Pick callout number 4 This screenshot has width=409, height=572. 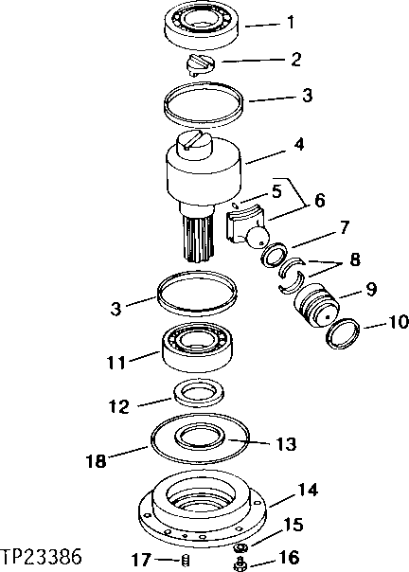tap(298, 148)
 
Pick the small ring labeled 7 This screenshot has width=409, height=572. tap(276, 255)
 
